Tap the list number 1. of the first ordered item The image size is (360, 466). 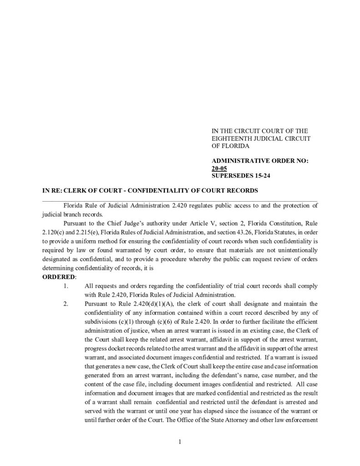tap(66, 286)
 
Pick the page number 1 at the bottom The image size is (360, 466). tap(180, 441)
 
